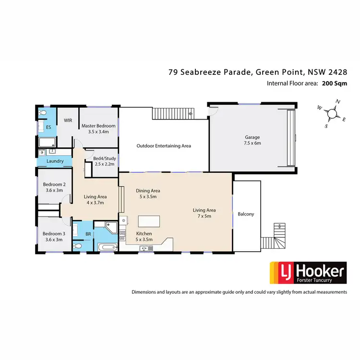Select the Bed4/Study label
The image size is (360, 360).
(x=104, y=158)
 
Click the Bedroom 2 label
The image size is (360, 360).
(x=54, y=184)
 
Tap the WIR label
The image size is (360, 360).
(x=68, y=120)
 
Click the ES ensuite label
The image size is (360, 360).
(x=48, y=127)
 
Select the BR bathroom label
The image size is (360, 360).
(x=88, y=234)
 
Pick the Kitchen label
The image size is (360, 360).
(x=144, y=233)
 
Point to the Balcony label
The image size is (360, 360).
(x=245, y=214)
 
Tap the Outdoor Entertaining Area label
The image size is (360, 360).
(x=164, y=145)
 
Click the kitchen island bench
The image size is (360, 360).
(x=148, y=221)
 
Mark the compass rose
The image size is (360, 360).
(x=331, y=114)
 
